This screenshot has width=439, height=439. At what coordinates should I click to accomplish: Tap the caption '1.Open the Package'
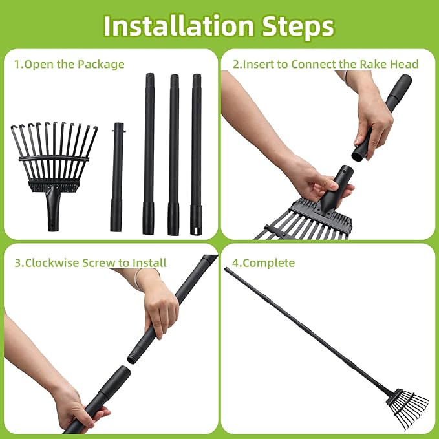click(69, 64)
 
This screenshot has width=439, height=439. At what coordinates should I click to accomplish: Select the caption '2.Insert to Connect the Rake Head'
click(325, 64)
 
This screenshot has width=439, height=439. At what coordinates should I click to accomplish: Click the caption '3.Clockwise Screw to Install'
click(90, 262)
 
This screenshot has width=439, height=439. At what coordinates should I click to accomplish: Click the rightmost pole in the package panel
click(196, 155)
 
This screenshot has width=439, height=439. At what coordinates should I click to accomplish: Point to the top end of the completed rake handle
click(228, 270)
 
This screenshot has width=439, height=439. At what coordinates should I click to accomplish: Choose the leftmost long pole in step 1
click(149, 155)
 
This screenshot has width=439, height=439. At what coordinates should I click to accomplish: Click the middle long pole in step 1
click(173, 155)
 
